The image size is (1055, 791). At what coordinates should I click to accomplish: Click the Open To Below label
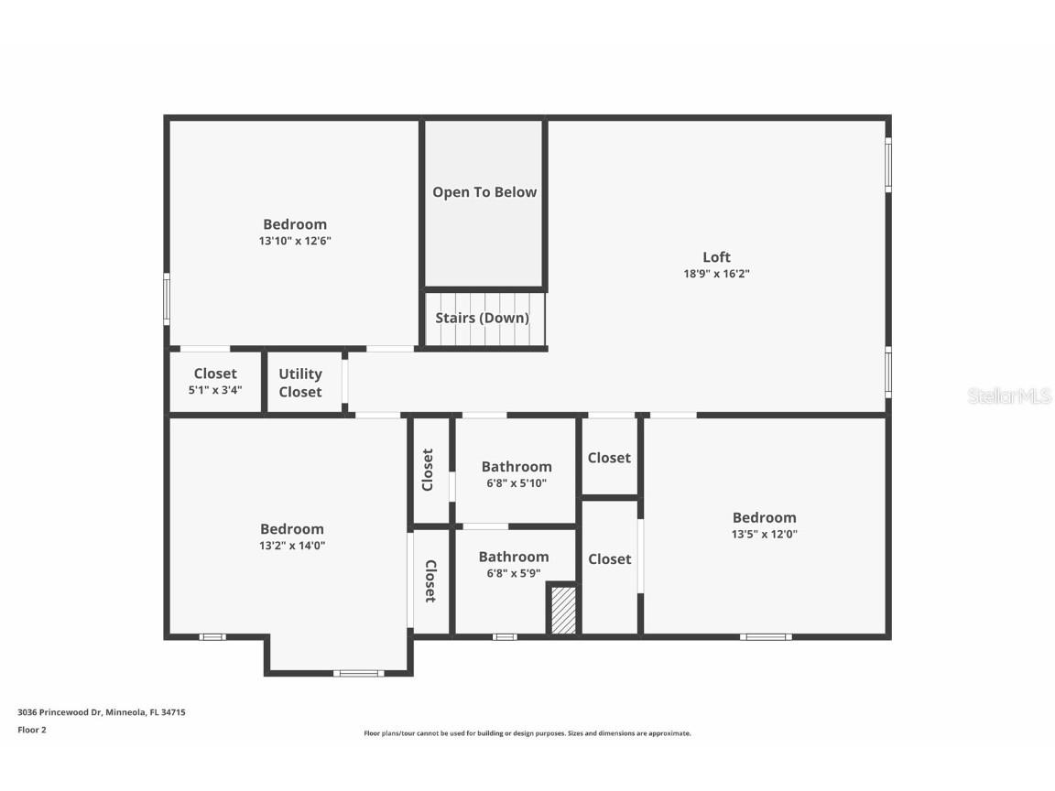click(484, 192)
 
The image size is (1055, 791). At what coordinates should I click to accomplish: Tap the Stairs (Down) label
click(482, 319)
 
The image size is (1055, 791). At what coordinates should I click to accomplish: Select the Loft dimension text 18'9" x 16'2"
click(716, 274)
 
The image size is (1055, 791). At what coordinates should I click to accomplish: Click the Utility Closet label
click(300, 383)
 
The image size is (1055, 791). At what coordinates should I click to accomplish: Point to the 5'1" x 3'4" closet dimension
click(215, 389)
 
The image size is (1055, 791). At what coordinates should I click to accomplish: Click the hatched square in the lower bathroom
click(562, 611)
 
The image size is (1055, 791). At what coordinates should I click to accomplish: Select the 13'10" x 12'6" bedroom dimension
click(294, 242)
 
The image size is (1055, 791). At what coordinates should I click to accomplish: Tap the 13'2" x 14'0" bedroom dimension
click(291, 546)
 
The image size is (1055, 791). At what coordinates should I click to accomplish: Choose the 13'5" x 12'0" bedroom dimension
click(764, 535)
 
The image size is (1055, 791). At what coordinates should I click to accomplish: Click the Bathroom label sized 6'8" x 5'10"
click(517, 467)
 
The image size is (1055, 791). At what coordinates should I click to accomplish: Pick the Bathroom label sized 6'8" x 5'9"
click(514, 557)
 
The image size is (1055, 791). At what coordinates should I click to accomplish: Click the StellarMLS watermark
click(1008, 396)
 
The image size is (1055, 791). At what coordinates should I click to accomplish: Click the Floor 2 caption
click(31, 730)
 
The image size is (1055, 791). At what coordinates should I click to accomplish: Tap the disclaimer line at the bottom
click(527, 733)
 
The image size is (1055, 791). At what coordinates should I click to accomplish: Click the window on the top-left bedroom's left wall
click(167, 299)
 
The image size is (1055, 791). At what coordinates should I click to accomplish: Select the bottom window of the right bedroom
click(766, 636)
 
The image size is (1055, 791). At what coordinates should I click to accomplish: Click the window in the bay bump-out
click(358, 674)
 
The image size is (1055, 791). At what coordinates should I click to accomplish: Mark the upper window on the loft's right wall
click(887, 165)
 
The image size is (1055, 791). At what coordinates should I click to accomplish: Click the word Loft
click(716, 257)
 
